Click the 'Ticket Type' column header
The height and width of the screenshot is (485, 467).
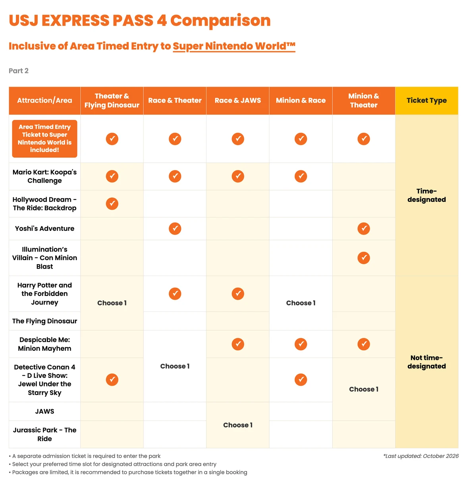pos(426,100)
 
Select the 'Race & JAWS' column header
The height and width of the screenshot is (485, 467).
pos(238,100)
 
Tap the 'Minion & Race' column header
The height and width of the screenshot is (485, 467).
pos(301,100)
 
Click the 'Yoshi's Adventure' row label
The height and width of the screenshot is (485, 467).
pos(44,228)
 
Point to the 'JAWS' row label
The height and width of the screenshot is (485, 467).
pos(44,411)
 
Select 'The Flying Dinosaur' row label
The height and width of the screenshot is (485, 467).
pos(44,321)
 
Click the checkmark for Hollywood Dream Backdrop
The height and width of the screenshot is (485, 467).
pos(112,204)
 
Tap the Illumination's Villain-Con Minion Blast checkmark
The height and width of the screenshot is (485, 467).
pos(364,258)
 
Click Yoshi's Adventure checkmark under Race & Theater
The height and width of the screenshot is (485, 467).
pos(175,228)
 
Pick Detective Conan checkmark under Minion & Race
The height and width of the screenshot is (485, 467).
pos(301,379)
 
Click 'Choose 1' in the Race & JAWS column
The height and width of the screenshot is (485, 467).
pos(238,425)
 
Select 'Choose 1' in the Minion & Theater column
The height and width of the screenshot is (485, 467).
pos(364,389)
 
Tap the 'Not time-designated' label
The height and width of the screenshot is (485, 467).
pos(426,361)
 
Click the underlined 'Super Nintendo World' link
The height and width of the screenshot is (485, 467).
pos(234,46)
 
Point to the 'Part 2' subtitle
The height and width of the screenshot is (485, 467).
pos(19,71)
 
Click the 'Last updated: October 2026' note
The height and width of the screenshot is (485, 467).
pos(421,456)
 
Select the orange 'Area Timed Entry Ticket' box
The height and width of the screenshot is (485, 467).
pos(44,139)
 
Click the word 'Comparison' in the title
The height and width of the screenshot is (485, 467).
pos(220,20)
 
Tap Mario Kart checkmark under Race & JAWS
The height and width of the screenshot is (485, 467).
pos(238,176)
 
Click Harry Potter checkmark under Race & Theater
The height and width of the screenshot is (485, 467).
pos(175,294)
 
